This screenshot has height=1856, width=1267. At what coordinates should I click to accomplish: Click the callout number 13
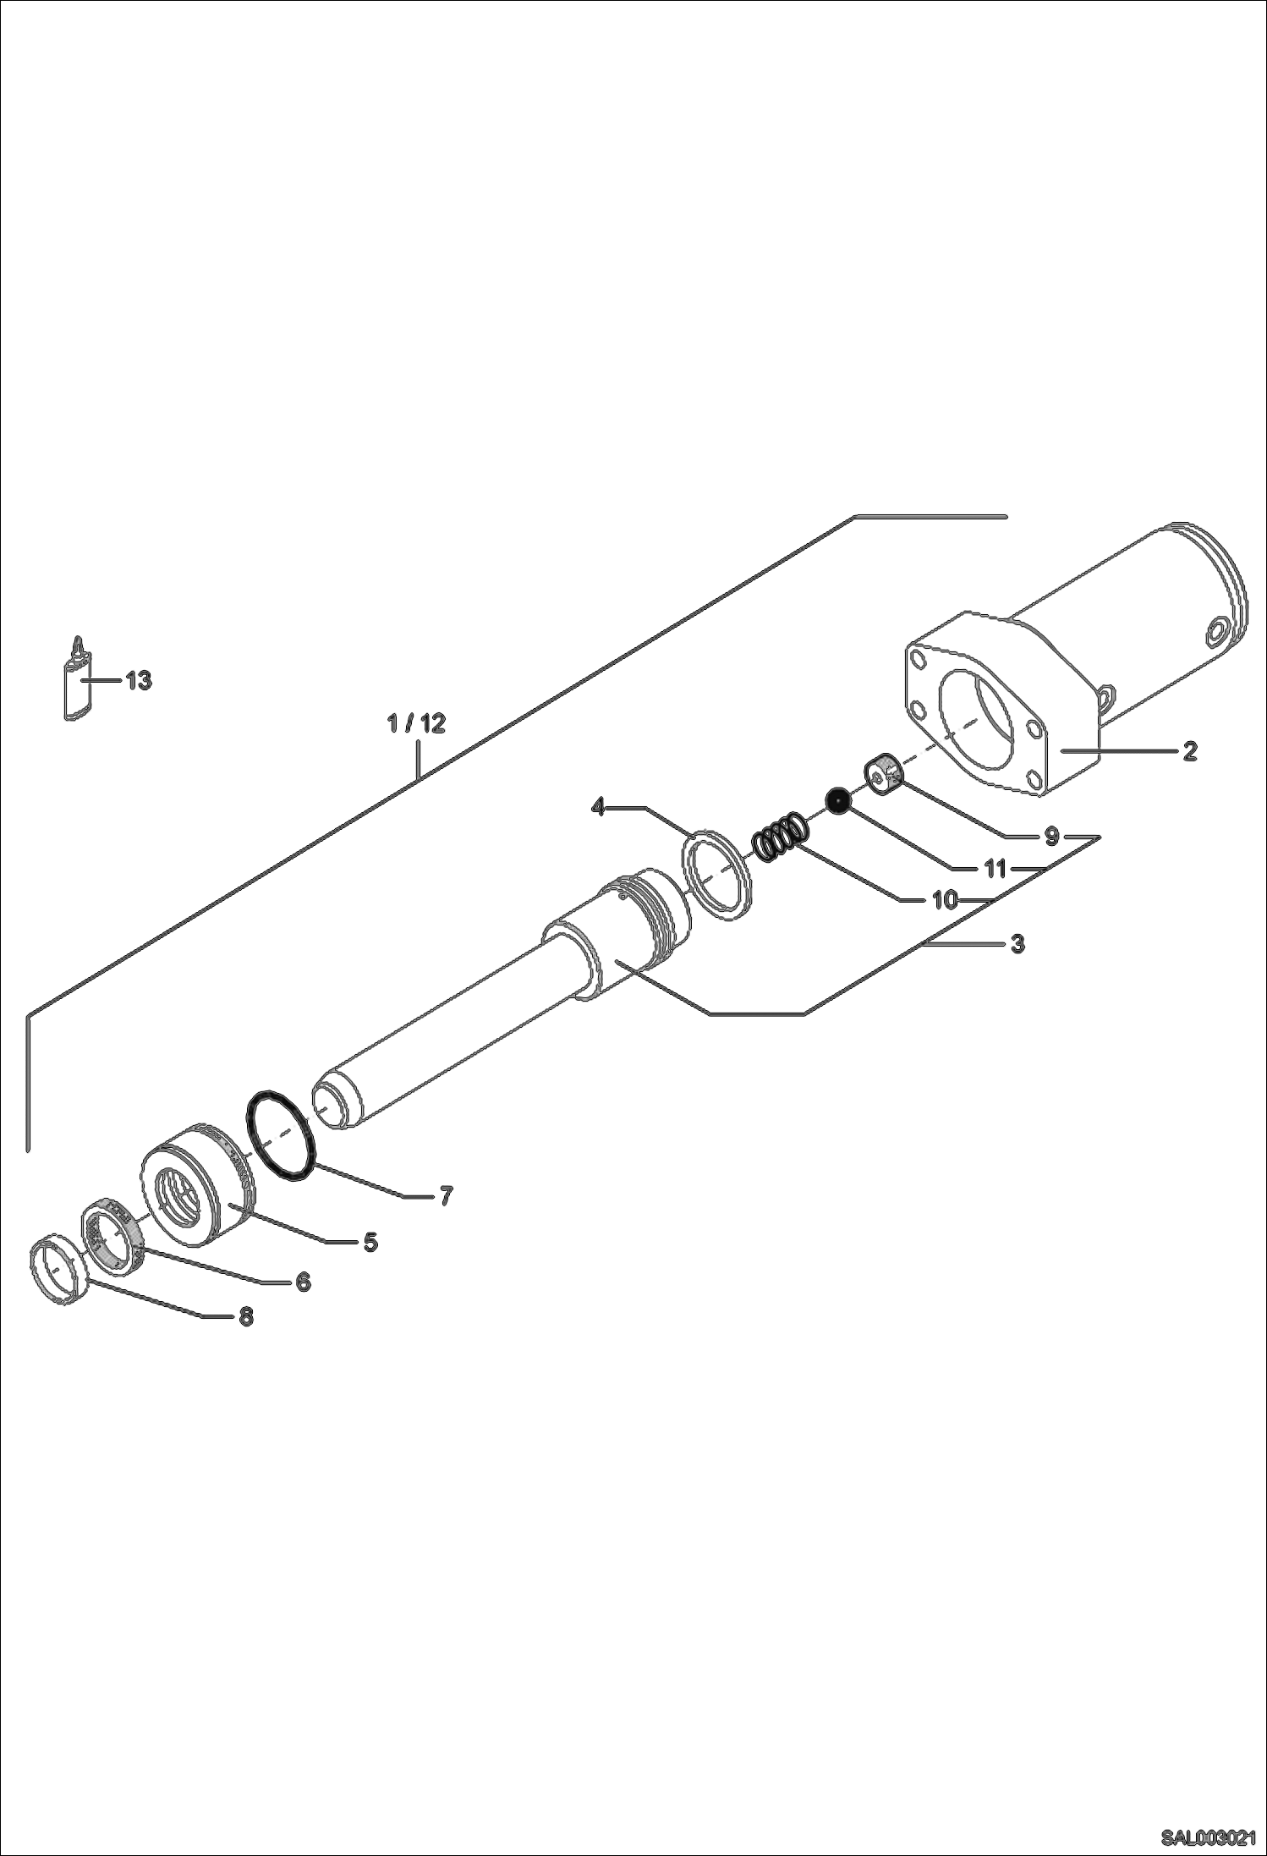pyautogui.click(x=139, y=680)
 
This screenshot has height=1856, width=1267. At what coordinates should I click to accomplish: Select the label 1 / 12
pyautogui.click(x=416, y=723)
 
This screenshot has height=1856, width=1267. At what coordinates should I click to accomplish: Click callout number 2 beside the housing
pyautogui.click(x=1189, y=750)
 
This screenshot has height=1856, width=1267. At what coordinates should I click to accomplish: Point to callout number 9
pyautogui.click(x=1051, y=837)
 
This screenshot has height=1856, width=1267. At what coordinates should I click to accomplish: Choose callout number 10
pyautogui.click(x=944, y=900)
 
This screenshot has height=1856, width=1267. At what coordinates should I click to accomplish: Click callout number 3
pyautogui.click(x=1017, y=943)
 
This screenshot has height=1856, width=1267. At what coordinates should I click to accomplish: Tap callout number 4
pyautogui.click(x=599, y=807)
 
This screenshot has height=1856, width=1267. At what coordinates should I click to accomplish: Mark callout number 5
pyautogui.click(x=370, y=1242)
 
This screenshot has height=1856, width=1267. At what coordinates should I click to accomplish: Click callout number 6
pyautogui.click(x=303, y=1282)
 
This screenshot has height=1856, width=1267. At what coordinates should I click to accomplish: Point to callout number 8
pyautogui.click(x=245, y=1316)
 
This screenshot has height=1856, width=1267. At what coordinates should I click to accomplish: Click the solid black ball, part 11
pyautogui.click(x=837, y=800)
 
